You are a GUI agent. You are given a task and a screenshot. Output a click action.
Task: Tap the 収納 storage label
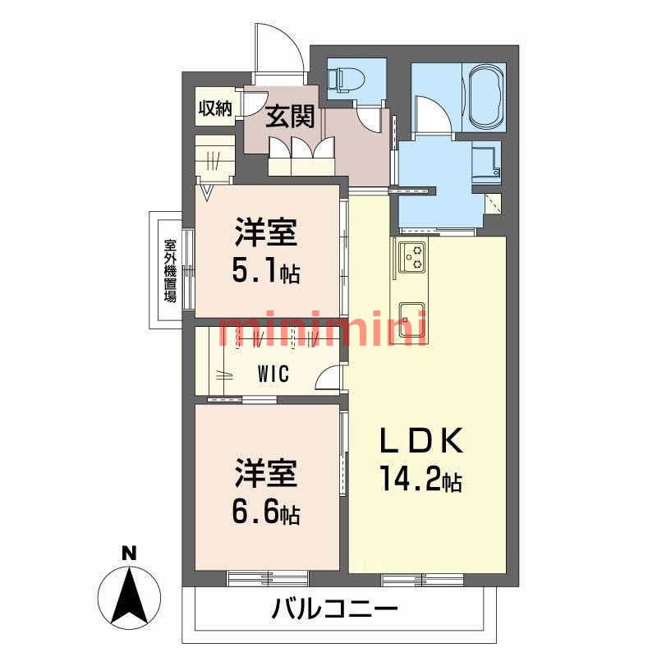point(216,108)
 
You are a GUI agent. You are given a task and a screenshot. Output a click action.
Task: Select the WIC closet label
point(272,374)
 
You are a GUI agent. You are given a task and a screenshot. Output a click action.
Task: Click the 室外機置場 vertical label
point(170,271)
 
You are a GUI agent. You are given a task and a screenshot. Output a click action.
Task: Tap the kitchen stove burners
point(413,257)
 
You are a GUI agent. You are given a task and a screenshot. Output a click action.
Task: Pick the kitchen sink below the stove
point(412,317)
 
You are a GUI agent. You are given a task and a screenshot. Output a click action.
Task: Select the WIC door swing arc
point(328,378)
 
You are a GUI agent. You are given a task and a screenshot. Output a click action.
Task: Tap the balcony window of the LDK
point(422,578)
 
